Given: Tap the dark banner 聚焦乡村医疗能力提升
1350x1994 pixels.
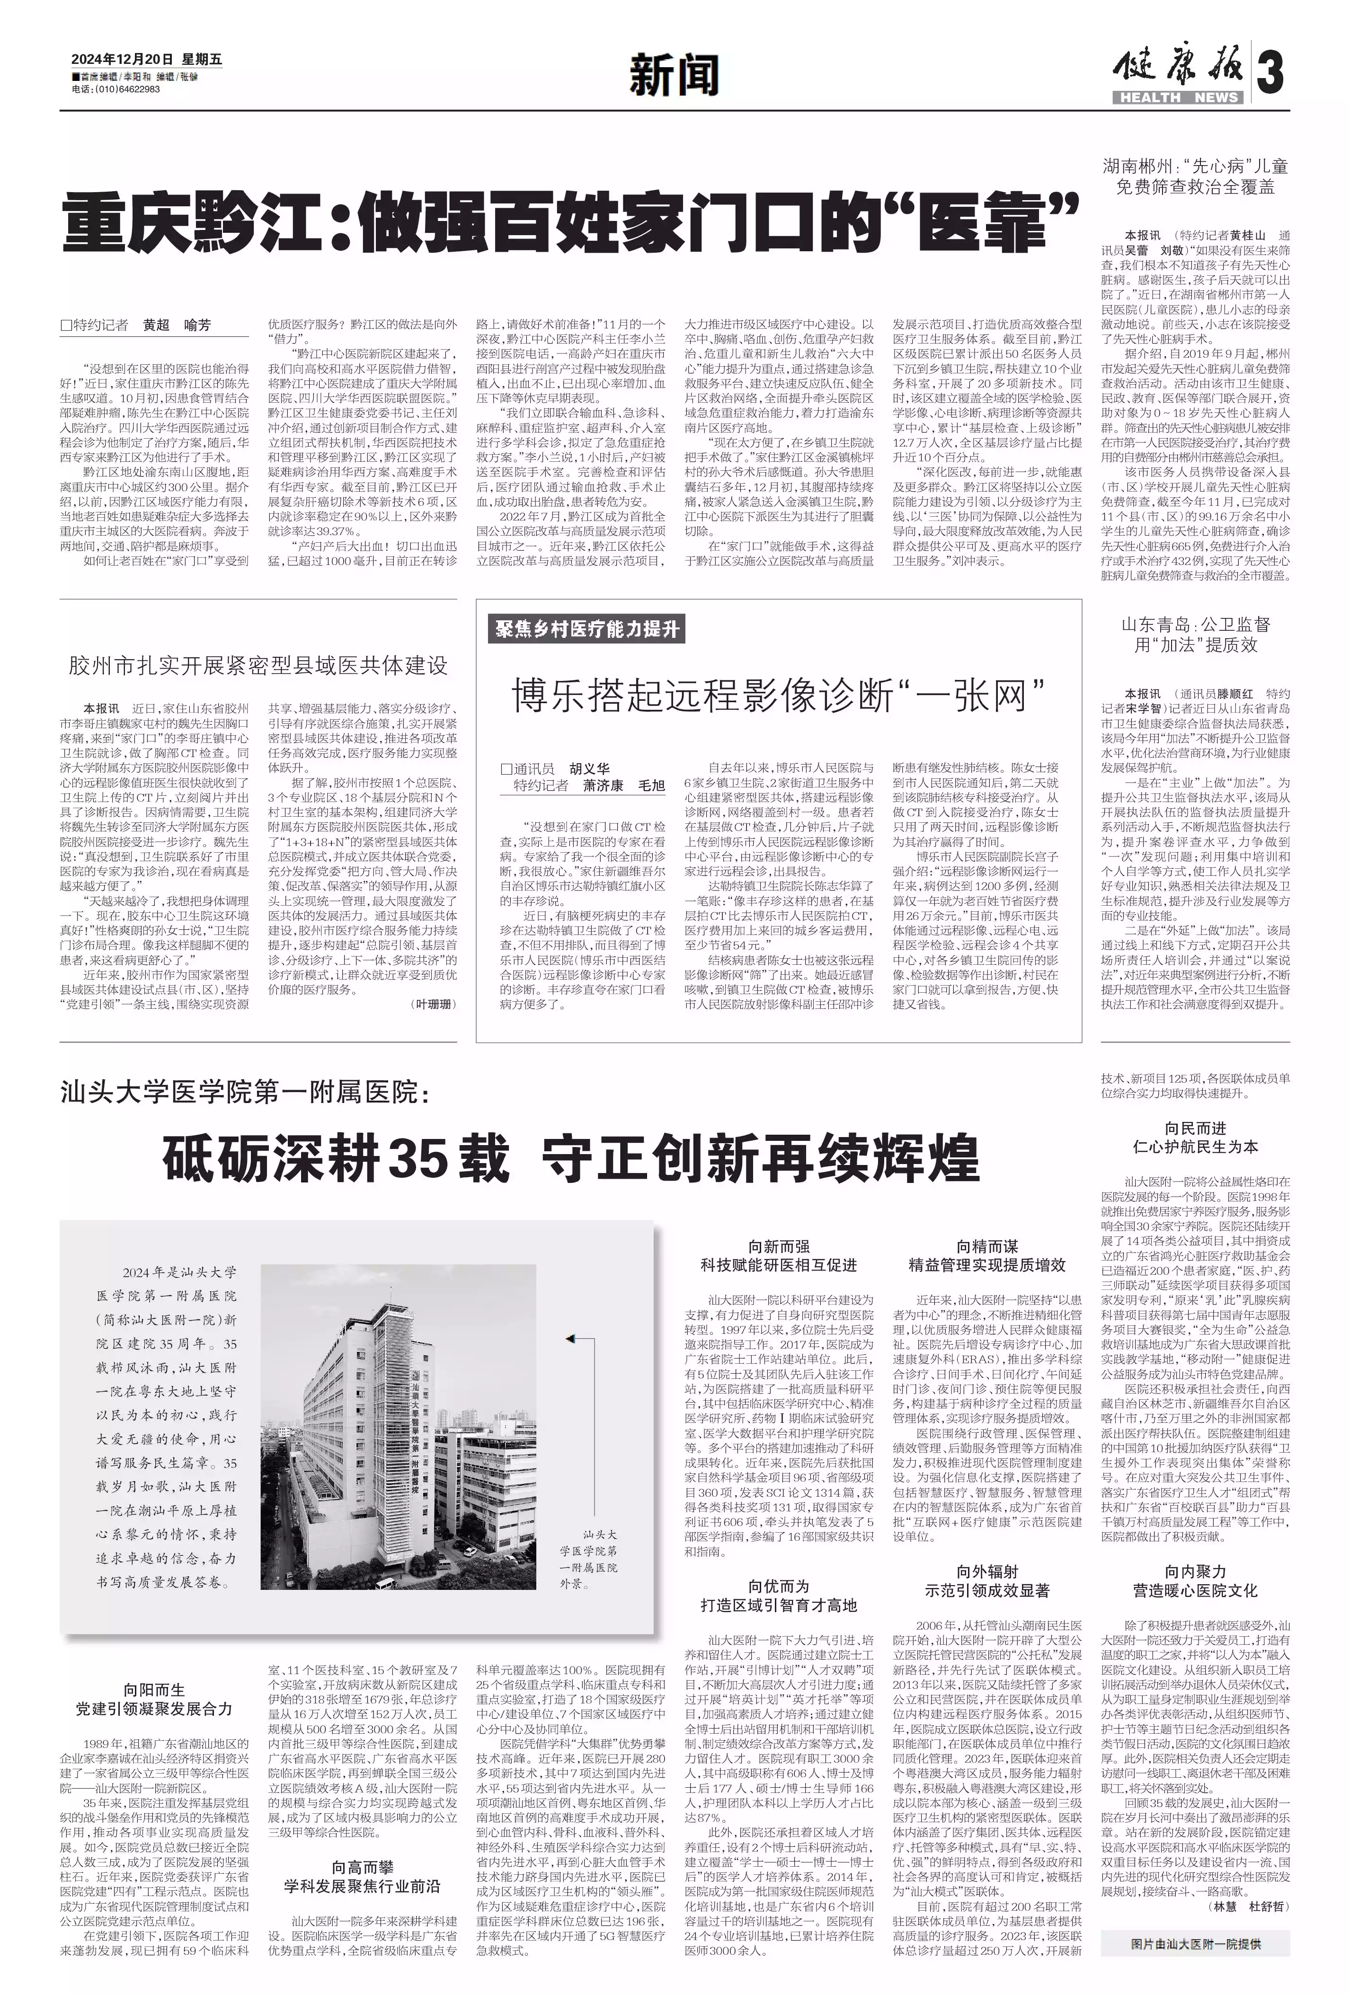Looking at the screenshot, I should pyautogui.click(x=588, y=629).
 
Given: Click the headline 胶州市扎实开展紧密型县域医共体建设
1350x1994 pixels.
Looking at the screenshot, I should pyautogui.click(x=258, y=665).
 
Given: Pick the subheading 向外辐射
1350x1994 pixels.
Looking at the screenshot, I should pyautogui.click(x=987, y=1571).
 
